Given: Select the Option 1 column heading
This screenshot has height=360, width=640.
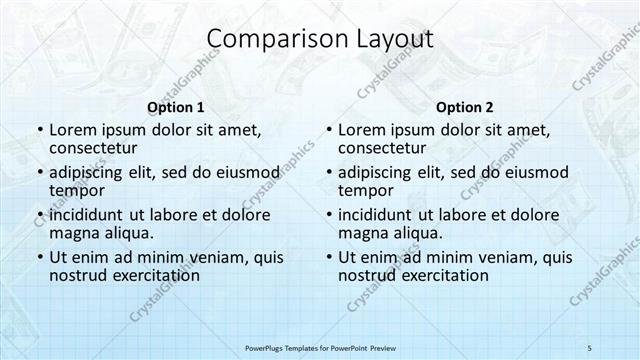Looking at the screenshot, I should click(x=176, y=106).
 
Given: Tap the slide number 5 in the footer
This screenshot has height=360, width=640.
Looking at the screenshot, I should click(x=590, y=346).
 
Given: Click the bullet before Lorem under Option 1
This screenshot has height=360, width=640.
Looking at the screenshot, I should click(x=39, y=131).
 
